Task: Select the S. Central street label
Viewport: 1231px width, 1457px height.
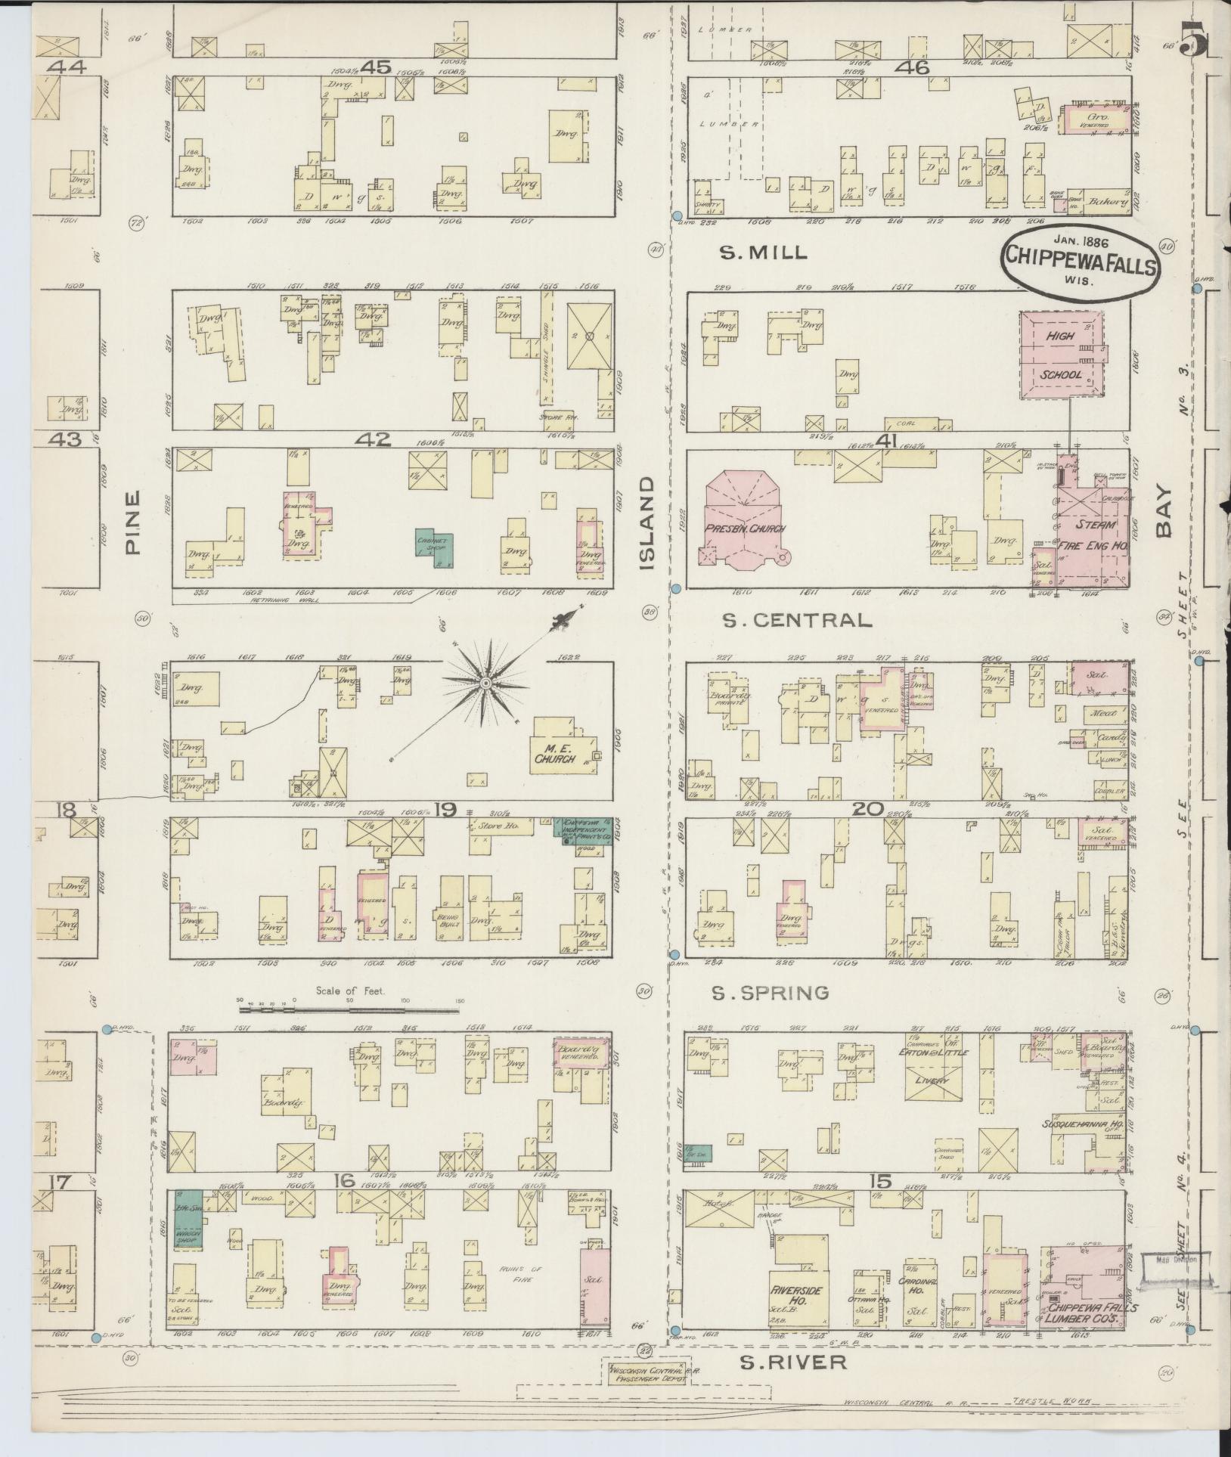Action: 797,621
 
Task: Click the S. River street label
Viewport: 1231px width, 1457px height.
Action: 792,1362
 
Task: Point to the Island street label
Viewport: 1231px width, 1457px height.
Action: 650,523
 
